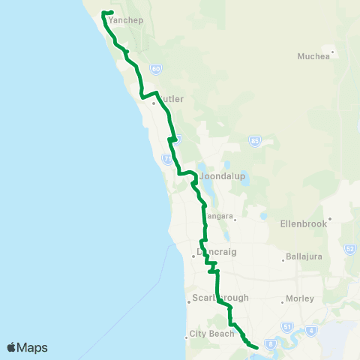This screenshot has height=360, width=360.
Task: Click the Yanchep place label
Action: click(125, 20)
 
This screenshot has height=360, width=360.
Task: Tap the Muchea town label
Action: click(313, 55)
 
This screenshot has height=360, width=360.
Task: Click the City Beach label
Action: click(212, 333)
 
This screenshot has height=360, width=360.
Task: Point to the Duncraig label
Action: click(217, 252)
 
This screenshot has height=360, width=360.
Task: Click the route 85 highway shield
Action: click(256, 140)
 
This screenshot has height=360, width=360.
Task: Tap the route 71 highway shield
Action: click(167, 158)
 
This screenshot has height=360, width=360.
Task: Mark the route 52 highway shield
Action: click(349, 248)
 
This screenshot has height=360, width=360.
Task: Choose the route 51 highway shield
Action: click(286, 328)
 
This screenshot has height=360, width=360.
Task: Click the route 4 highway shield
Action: click(310, 330)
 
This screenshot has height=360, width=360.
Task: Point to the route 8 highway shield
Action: click(271, 343)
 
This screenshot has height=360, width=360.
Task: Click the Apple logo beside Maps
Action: click(12, 347)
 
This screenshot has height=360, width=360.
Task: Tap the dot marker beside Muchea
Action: click(333, 52)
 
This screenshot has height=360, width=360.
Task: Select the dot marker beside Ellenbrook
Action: click(328, 219)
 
